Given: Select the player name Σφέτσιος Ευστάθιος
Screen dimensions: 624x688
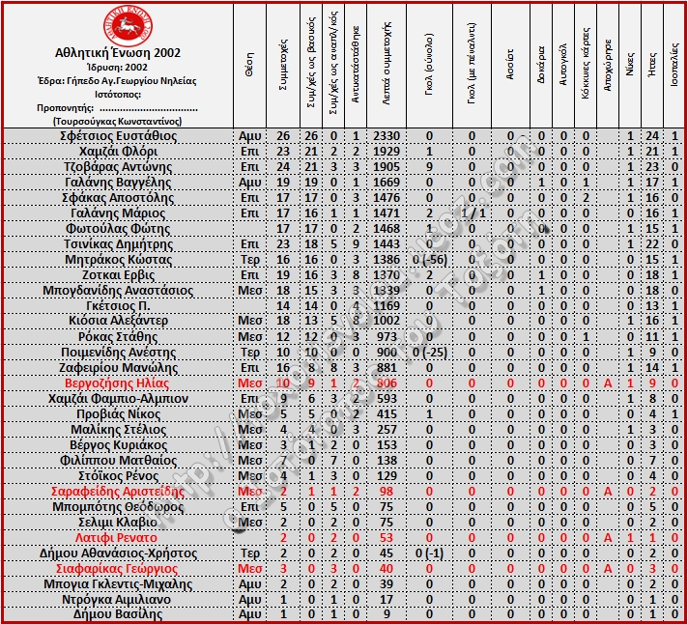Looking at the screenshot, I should pos(118,136).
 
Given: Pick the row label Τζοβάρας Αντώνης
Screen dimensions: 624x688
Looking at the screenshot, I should pos(118,167).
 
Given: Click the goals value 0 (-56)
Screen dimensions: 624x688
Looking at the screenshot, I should pos(428,260).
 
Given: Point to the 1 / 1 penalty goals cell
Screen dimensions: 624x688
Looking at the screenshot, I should pos(473,213).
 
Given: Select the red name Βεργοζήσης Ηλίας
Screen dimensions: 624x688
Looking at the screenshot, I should pos(118,383).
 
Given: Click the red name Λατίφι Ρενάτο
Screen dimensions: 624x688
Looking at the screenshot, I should pos(118,538).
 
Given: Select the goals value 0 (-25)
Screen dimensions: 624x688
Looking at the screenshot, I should pos(428,353).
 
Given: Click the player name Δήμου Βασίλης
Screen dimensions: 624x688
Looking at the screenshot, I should pos(118,615).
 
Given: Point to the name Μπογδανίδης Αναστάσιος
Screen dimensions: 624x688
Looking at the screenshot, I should pos(118,291).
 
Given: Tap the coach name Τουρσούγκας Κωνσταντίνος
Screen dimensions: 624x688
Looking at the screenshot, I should pos(117,122).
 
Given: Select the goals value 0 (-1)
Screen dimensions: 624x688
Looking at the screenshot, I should pos(428,553).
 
